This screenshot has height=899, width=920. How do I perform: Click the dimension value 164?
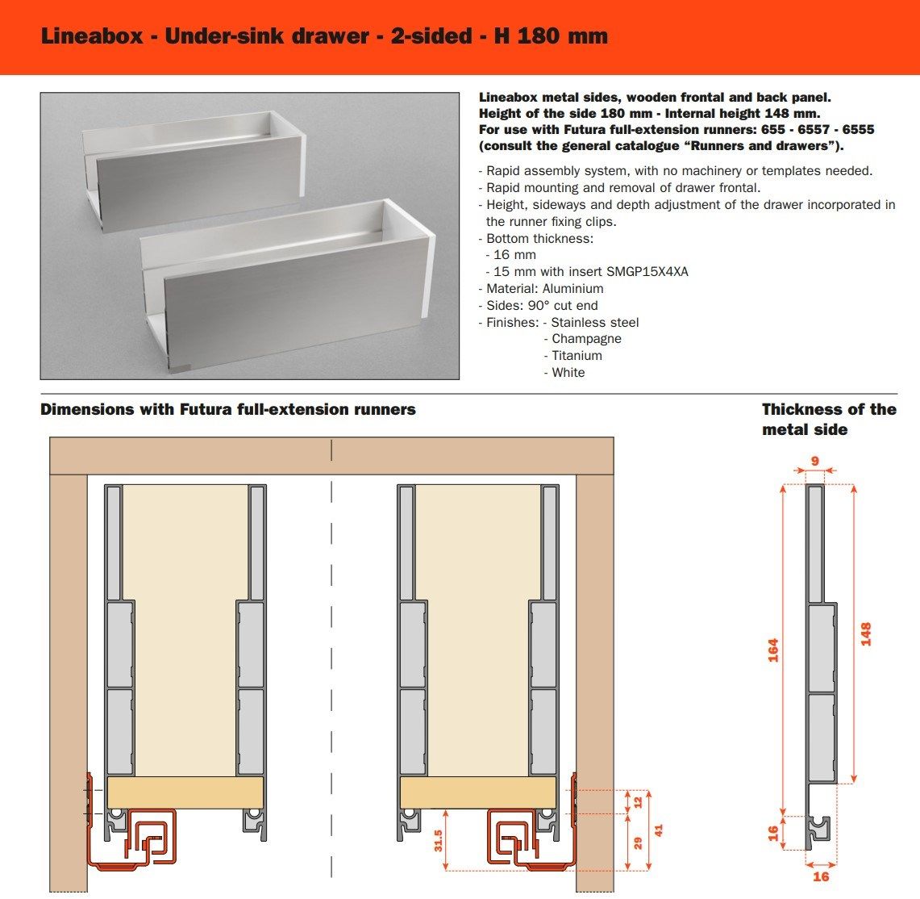click(772, 650)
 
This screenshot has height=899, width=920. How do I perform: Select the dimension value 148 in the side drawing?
click(866, 633)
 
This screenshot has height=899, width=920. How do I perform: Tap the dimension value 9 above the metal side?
click(814, 462)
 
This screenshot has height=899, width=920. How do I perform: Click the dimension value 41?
click(659, 830)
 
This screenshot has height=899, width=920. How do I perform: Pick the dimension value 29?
click(638, 843)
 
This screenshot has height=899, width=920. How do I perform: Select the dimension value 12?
click(638, 801)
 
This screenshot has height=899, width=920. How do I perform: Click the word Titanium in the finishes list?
click(577, 355)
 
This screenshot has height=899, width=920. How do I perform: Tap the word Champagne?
click(586, 338)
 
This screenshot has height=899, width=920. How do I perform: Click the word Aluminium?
click(572, 288)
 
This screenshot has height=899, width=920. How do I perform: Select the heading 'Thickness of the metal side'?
click(828, 419)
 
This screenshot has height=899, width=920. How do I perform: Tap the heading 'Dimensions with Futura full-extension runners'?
click(228, 409)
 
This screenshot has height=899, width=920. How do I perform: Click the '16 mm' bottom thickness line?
click(514, 254)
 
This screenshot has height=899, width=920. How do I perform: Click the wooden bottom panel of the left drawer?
click(185, 792)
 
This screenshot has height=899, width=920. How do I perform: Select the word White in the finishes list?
click(568, 372)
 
